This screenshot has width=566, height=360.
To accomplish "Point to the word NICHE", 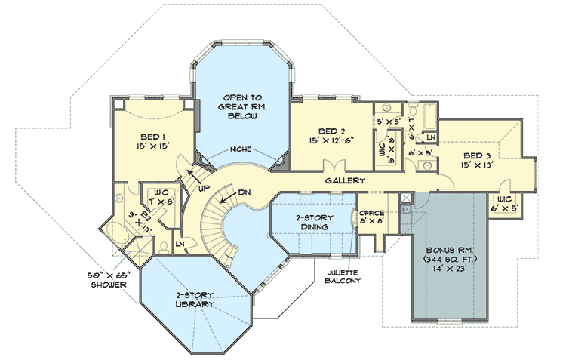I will pos(241,149).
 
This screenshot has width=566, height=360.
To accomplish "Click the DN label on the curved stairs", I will pos(243,193).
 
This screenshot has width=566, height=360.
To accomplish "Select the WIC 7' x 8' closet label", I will pos(163,197).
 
